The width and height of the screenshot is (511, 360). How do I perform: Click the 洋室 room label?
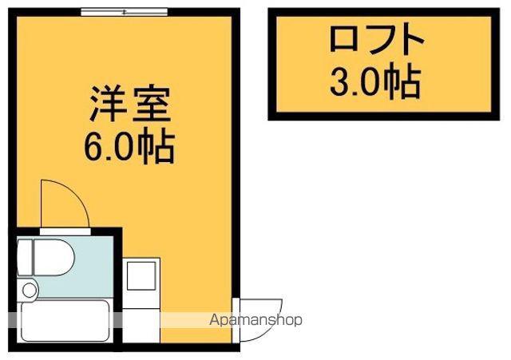click(130, 104)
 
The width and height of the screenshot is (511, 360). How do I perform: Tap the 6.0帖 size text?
click(129, 147)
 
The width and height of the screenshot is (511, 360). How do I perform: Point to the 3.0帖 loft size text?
click(375, 81)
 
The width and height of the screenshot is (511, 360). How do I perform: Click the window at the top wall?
click(124, 13)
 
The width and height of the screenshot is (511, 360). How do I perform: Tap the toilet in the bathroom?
click(45, 257)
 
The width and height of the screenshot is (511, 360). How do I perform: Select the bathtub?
click(65, 321)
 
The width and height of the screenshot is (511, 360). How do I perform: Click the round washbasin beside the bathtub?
click(29, 290)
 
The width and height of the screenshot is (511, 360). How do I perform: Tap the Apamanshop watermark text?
click(255, 320)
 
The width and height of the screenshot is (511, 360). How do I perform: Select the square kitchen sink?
click(141, 275)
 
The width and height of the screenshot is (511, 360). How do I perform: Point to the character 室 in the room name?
click(152, 104)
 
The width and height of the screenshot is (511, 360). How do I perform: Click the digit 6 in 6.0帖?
click(94, 148)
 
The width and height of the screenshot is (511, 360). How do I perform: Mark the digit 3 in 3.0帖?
click(340, 81)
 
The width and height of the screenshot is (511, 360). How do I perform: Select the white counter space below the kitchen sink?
click(141, 325)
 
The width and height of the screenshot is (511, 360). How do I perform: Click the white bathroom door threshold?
click(65, 231)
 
